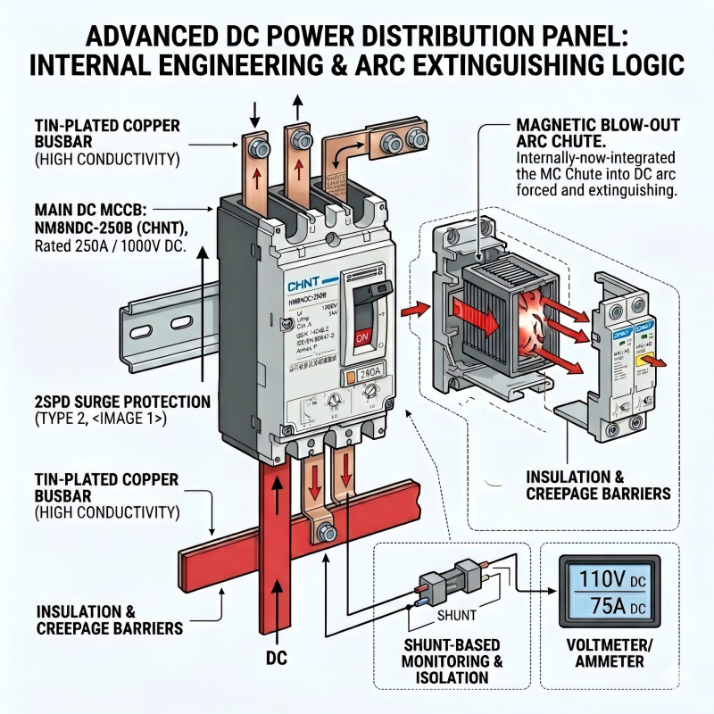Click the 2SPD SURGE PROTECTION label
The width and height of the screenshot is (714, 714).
point(111,402)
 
